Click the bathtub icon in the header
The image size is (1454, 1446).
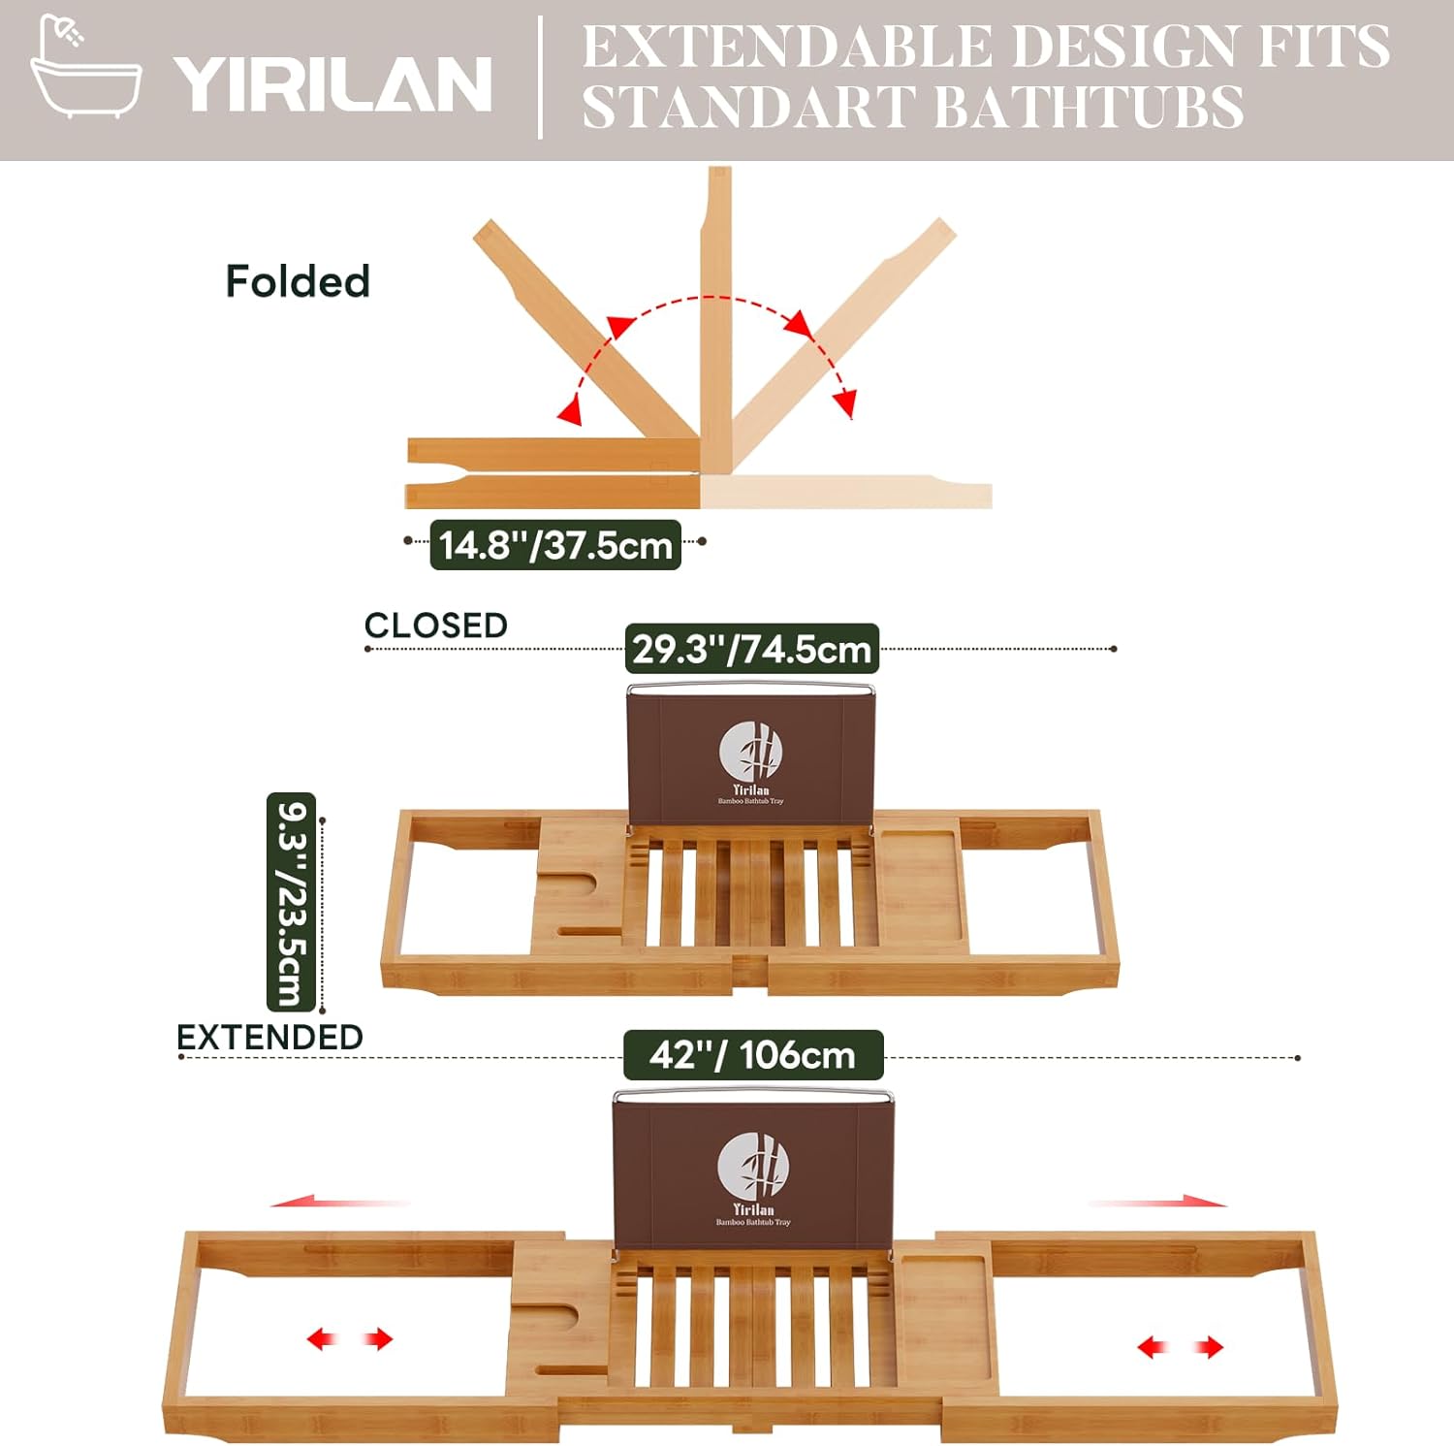click(x=85, y=68)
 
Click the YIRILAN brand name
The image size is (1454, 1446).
click(x=332, y=84)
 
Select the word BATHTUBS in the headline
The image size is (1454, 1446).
click(x=1090, y=107)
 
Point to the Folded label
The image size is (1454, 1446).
click(x=298, y=282)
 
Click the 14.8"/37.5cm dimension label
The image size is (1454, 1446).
click(x=555, y=545)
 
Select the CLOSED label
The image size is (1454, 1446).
click(x=436, y=626)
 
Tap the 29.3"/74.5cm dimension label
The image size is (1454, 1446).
click(x=752, y=649)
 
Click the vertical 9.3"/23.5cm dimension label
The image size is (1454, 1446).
click(x=291, y=902)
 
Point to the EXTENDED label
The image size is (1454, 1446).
click(x=269, y=1037)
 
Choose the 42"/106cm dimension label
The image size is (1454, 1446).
click(x=753, y=1055)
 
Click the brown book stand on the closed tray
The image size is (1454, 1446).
click(x=751, y=756)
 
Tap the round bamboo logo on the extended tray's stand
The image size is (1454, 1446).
click(x=753, y=1167)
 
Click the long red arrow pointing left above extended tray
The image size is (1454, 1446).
click(x=339, y=1203)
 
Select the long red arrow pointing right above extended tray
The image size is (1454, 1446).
click(x=1158, y=1203)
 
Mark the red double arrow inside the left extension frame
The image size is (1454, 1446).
click(x=350, y=1339)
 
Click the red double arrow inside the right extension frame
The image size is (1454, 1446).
click(x=1180, y=1347)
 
